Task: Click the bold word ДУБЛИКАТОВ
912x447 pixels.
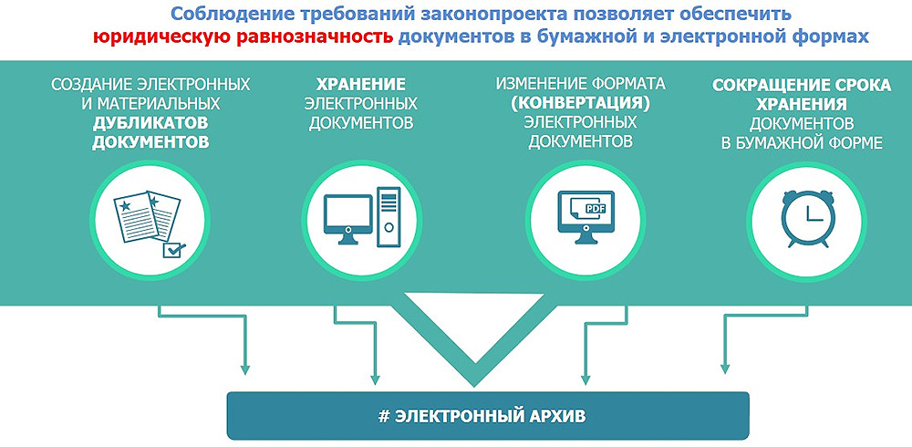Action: point(150,123)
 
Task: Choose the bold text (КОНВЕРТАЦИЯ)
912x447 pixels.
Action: point(580,104)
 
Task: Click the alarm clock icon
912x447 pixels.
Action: point(807,218)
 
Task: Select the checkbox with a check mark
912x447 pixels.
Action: point(173,250)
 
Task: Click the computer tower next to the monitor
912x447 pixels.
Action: point(389,217)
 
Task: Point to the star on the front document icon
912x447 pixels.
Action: point(124,206)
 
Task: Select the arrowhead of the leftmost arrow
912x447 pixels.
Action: point(244,369)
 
